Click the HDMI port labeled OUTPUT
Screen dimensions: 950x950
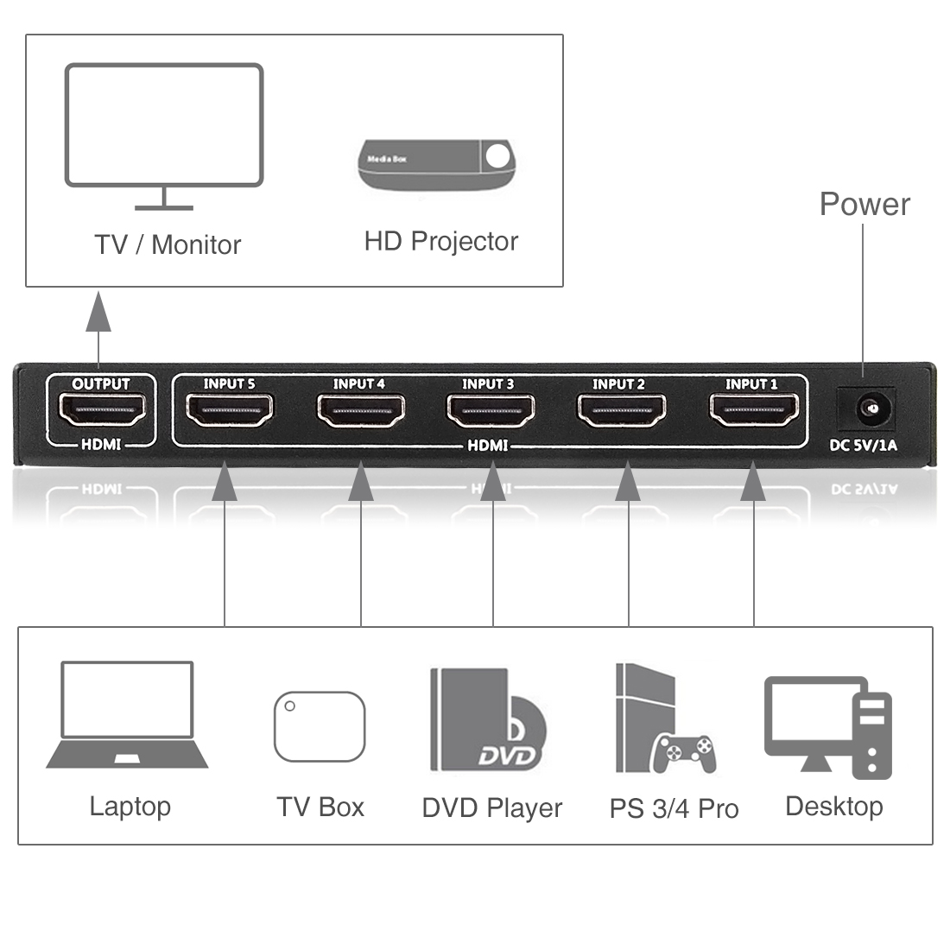[101, 411]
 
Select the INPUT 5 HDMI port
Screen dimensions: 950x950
[229, 411]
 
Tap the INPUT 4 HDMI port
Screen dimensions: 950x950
[360, 411]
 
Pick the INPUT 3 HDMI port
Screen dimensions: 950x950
[490, 411]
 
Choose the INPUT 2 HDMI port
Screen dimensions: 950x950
[620, 411]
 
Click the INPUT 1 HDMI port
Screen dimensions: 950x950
[753, 411]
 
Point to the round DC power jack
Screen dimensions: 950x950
[866, 406]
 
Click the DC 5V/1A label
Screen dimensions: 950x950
[863, 446]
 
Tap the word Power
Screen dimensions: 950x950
[864, 205]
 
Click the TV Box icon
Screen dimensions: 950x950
[320, 725]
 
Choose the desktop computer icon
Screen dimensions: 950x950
[827, 726]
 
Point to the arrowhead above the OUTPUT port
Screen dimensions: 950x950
[98, 312]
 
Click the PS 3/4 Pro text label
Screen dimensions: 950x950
[674, 809]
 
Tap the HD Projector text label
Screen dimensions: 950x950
[440, 242]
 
